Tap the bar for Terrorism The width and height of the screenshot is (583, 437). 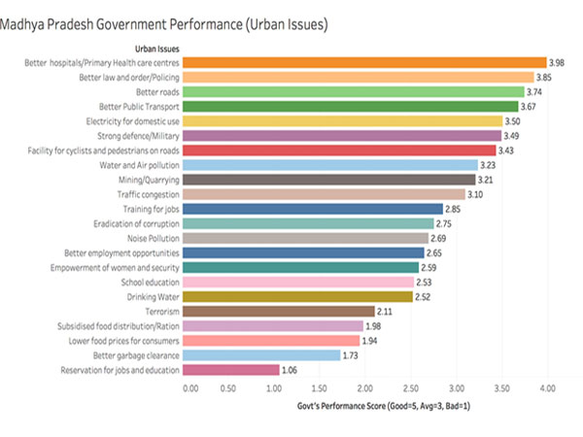279,311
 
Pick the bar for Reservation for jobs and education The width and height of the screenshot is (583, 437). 230,369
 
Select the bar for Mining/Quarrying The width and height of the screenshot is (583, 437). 329,180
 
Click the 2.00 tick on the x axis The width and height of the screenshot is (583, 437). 368,388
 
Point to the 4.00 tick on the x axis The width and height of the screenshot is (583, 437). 548,388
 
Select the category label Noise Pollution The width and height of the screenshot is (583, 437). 152,238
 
